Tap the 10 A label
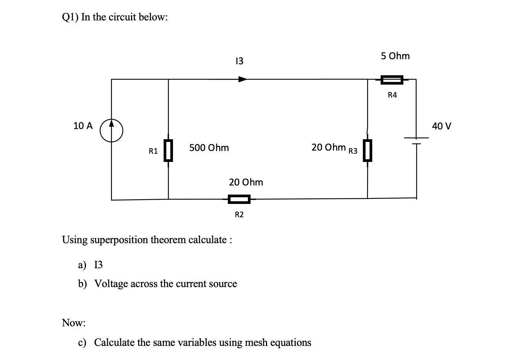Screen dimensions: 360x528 coord(83,126)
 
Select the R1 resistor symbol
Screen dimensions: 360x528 coord(168,151)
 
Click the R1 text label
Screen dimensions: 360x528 coord(153,151)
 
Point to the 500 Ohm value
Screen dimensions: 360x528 coord(209,148)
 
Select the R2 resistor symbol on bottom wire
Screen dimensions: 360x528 coord(239,200)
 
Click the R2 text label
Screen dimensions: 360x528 coord(239,215)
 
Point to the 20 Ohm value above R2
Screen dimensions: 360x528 coord(246,182)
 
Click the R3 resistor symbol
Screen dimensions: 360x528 coord(367,151)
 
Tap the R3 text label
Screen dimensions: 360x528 coord(353,151)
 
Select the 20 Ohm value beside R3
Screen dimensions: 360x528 coord(328,147)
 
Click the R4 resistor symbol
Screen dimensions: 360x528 coord(391,80)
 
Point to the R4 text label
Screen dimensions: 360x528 coord(392,95)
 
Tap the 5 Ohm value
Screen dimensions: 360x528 coord(395,56)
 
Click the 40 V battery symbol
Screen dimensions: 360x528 coord(416,141)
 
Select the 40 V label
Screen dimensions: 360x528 coord(441,126)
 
